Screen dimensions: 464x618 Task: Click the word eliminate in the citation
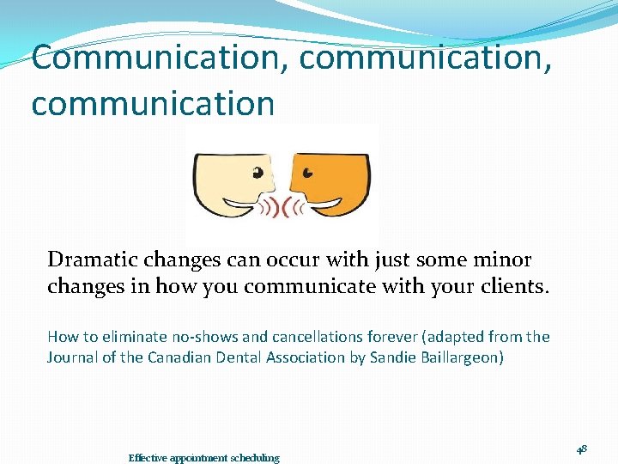(126, 337)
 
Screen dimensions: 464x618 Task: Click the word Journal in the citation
(73, 357)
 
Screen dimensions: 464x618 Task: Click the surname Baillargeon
(463, 357)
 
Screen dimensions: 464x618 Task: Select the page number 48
(582, 449)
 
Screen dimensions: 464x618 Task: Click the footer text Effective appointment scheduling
(203, 458)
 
